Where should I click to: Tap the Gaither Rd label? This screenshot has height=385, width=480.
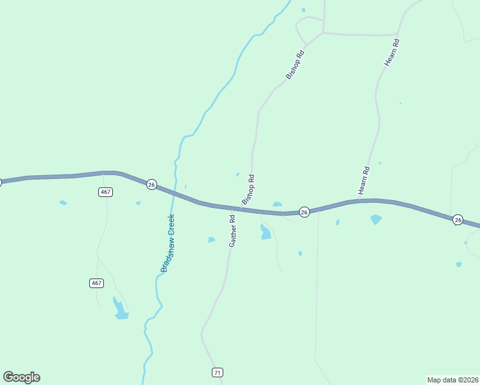pyautogui.click(x=233, y=231)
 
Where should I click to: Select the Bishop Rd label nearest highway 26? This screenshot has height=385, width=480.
pyautogui.click(x=248, y=190)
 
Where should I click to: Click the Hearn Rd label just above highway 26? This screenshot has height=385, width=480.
pyautogui.click(x=364, y=180)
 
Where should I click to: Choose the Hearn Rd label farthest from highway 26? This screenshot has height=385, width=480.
pyautogui.click(x=392, y=51)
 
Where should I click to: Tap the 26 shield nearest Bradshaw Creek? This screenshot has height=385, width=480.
pyautogui.click(x=151, y=184)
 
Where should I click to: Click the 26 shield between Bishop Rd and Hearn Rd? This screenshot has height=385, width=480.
pyautogui.click(x=305, y=212)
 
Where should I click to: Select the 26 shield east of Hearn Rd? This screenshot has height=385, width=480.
pyautogui.click(x=458, y=219)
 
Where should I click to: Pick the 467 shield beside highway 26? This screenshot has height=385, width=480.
pyautogui.click(x=106, y=192)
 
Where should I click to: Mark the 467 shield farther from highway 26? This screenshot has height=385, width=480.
pyautogui.click(x=96, y=283)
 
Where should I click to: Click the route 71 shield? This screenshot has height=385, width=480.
pyautogui.click(x=218, y=373)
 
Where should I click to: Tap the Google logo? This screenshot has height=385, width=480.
pyautogui.click(x=21, y=377)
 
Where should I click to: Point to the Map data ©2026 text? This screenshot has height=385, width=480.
pyautogui.click(x=452, y=379)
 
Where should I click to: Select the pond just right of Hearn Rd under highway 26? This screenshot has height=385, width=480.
pyautogui.click(x=376, y=219)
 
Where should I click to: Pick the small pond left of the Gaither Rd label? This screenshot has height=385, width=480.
pyautogui.click(x=211, y=240)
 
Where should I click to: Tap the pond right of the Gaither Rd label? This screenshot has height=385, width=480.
pyautogui.click(x=265, y=232)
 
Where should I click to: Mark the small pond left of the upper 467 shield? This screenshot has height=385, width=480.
pyautogui.click(x=63, y=203)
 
